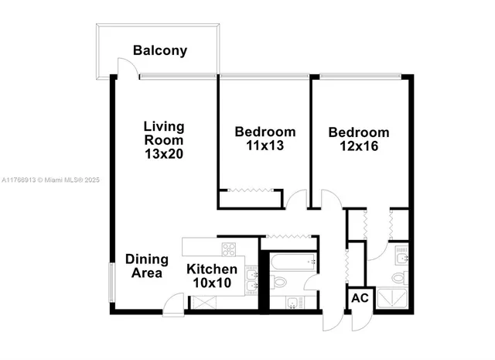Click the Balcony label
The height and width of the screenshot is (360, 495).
[x=160, y=51]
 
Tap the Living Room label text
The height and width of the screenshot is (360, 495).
[x=164, y=133]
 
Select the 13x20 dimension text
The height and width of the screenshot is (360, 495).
[x=164, y=154]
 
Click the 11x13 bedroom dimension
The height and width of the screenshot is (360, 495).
[x=265, y=145]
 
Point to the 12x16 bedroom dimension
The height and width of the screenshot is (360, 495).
[x=358, y=146]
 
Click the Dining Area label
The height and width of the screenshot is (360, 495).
[x=144, y=266]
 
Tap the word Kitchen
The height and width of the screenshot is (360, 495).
[x=212, y=269]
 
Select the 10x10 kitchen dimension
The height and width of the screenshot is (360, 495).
[x=212, y=283]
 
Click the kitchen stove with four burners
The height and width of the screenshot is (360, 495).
[x=229, y=249]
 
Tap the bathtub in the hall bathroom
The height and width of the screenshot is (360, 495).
[x=290, y=262]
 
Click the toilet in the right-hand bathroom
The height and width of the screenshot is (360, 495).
[x=398, y=276]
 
